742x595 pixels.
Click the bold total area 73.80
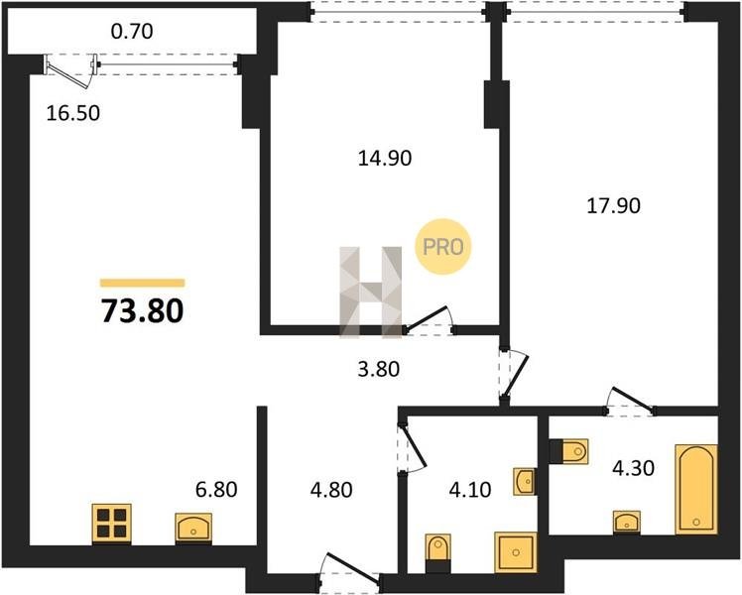tap(143, 311)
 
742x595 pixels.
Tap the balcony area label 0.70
tap(132, 32)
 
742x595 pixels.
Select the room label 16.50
tap(73, 113)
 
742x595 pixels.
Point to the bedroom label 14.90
tap(385, 158)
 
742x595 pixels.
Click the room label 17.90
tap(613, 205)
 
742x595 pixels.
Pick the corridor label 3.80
tap(379, 369)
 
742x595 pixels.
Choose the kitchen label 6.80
tap(216, 490)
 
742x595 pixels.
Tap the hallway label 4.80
tap(331, 490)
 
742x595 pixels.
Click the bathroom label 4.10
tap(470, 490)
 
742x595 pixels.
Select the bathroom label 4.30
tap(633, 468)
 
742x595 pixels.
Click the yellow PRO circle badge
tap(443, 246)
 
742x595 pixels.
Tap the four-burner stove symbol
tap(112, 524)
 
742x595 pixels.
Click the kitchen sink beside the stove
tap(193, 529)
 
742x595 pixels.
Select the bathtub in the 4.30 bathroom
tap(696, 490)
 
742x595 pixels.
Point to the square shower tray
tap(516, 552)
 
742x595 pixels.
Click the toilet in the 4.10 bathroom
tap(438, 551)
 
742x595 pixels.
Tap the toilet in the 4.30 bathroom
tap(569, 451)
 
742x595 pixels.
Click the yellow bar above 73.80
tap(143, 283)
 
